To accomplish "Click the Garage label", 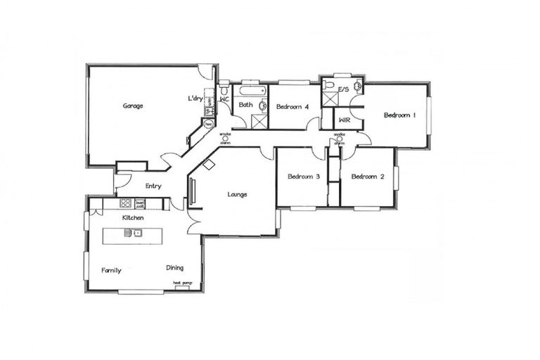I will pyautogui.click(x=133, y=106).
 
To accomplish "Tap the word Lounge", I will pyautogui.click(x=237, y=194).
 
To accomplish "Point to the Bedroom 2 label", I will pyautogui.click(x=367, y=176).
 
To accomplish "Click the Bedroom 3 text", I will pyautogui.click(x=303, y=176).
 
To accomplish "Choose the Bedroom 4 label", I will pyautogui.click(x=292, y=107).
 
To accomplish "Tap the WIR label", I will pyautogui.click(x=345, y=120).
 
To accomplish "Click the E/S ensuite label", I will pyautogui.click(x=344, y=90).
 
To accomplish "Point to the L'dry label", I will pyautogui.click(x=195, y=98).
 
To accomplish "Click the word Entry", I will pyautogui.click(x=153, y=186).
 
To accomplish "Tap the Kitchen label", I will pyautogui.click(x=133, y=219).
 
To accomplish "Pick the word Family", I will pyautogui.click(x=111, y=269).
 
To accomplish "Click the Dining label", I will pyautogui.click(x=175, y=268).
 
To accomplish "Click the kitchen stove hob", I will pyautogui.click(x=125, y=203).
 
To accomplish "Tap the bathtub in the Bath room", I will pyautogui.click(x=250, y=91).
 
